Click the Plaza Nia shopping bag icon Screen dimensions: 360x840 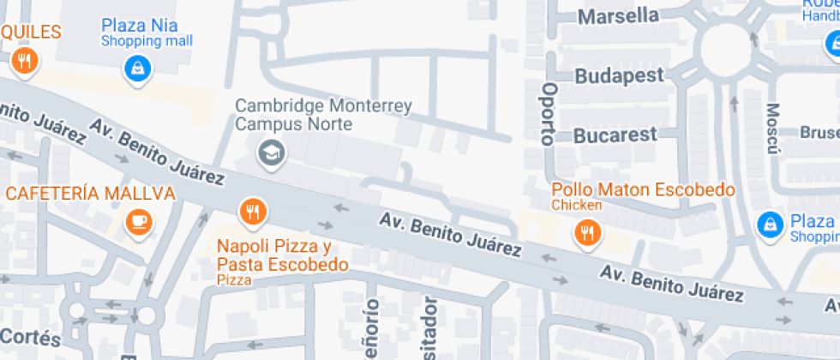coord(137,69)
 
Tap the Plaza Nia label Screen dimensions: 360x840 coord(141,25)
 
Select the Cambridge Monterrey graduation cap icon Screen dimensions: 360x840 coord(272,153)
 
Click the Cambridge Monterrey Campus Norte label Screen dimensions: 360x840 coord(323,115)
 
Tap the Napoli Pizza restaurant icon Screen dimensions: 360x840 coord(251,210)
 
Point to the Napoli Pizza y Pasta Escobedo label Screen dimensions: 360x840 coord(282,255)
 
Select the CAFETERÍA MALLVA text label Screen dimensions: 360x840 coord(90,193)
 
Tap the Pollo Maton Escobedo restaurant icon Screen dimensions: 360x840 coord(586,231)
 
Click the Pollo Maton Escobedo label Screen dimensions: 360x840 coord(643,189)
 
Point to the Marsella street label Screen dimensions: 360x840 coord(618,16)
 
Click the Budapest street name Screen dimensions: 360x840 coord(619,75)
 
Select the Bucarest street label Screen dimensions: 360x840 coord(615,135)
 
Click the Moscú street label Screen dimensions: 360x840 coord(773,129)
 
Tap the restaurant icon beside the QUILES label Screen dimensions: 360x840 coord(23,61)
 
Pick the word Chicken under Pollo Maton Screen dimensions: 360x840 coord(576,206)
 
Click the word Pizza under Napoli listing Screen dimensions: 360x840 coord(234,280)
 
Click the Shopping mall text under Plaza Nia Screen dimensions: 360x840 coord(147,41)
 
